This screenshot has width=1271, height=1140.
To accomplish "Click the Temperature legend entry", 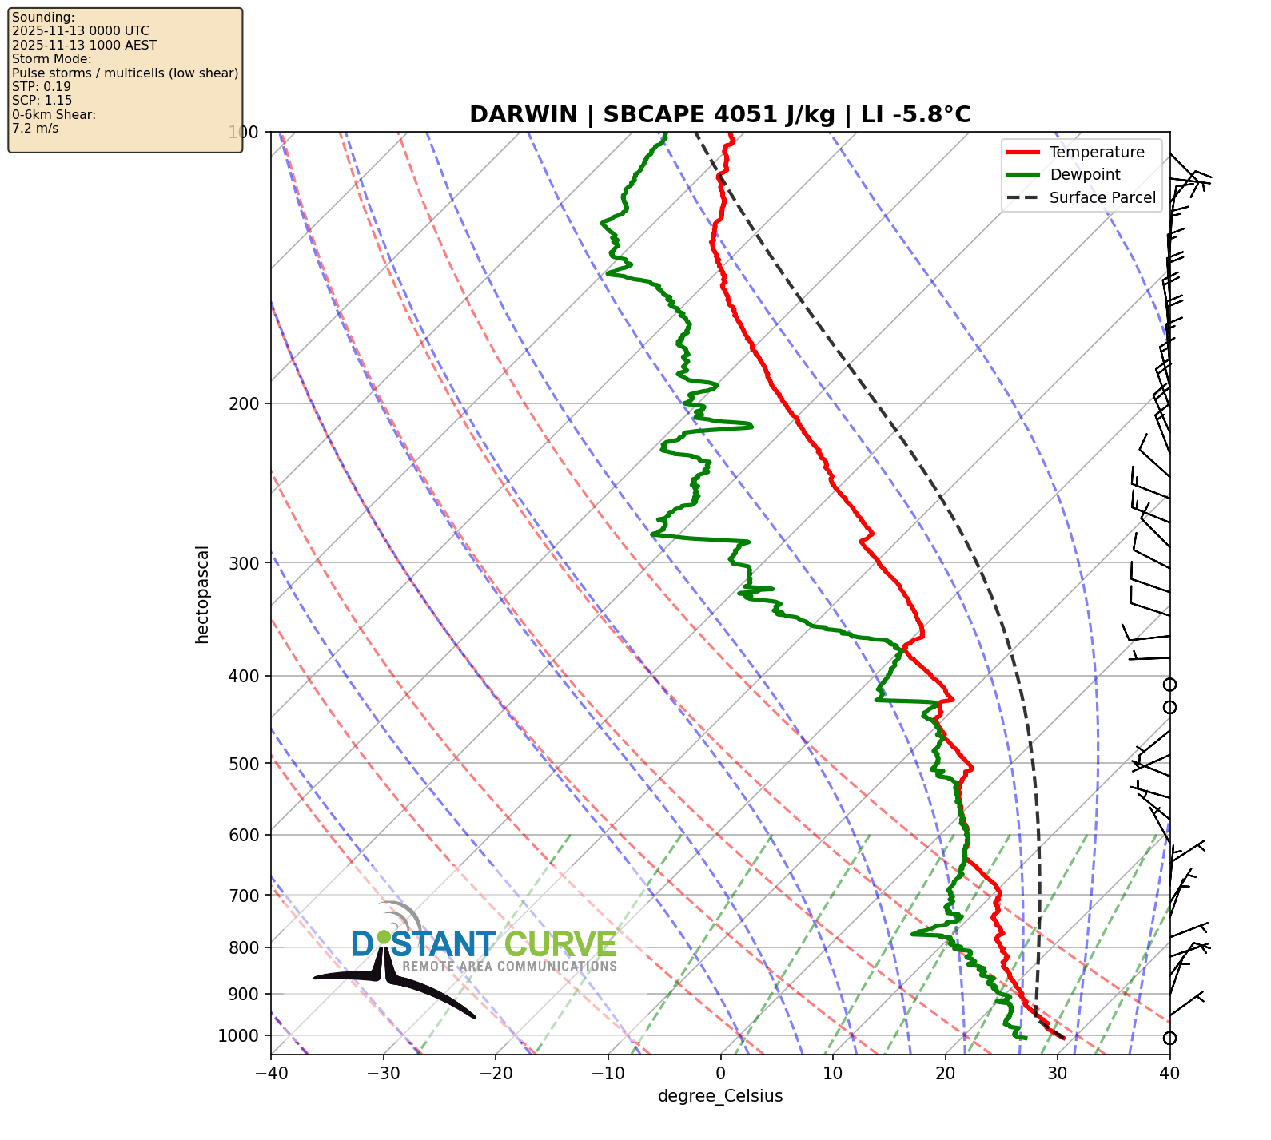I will [x=1096, y=153].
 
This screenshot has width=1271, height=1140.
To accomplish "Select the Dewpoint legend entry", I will [x=1084, y=175].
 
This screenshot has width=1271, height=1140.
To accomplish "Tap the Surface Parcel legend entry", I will [x=1102, y=198].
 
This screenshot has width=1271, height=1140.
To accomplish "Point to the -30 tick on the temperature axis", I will [x=383, y=1074].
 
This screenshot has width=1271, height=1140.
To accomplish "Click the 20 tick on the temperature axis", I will [x=945, y=1074].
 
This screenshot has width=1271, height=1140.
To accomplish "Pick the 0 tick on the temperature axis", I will [x=720, y=1074].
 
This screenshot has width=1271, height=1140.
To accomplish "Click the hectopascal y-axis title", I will [x=202, y=594].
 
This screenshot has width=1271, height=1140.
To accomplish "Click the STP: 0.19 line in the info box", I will [x=42, y=86].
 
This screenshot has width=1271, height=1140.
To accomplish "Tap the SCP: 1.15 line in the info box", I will [x=42, y=101].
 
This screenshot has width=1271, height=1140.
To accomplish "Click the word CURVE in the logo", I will [x=560, y=945].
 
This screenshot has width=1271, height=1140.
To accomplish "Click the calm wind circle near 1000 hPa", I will [x=1169, y=1039].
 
